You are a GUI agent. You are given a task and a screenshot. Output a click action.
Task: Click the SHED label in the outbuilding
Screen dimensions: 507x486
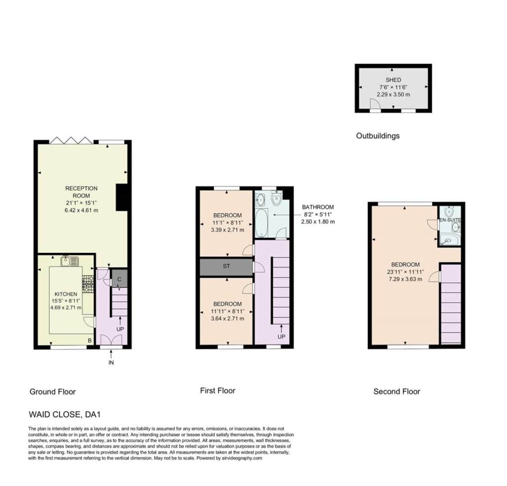393,80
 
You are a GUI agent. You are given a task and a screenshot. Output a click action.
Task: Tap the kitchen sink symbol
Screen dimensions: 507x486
70,261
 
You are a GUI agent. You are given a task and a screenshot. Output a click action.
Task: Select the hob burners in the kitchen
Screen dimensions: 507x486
88,284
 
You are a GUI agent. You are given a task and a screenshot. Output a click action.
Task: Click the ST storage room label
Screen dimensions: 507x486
226,266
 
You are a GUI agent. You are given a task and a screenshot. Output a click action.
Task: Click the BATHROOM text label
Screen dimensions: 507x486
318,207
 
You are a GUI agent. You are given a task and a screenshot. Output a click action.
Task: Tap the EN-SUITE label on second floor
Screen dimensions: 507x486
450,220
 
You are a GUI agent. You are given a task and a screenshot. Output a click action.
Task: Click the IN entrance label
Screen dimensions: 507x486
111,363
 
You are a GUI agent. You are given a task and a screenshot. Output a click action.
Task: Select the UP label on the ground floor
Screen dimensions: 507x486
120,329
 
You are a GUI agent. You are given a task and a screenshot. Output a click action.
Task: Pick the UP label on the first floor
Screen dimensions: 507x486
281,337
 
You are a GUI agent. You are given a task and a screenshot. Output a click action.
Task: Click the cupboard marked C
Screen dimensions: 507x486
119,279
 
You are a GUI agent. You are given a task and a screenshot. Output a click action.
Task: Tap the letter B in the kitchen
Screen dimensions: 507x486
90,340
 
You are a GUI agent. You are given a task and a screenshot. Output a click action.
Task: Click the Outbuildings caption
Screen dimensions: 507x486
378,136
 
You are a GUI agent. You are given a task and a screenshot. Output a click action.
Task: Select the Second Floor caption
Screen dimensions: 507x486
397,391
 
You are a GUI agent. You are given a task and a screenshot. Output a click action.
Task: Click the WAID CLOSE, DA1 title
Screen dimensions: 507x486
62,414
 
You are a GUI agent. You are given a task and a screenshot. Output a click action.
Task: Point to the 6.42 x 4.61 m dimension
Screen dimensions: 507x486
81,210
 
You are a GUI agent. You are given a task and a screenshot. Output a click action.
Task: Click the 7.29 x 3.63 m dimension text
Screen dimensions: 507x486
405,279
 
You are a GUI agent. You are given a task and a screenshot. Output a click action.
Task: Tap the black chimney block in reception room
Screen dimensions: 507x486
122,197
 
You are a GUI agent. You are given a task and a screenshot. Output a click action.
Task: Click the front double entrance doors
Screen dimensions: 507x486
111,340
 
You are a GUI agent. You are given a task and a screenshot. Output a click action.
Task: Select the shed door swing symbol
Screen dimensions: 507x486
375,104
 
